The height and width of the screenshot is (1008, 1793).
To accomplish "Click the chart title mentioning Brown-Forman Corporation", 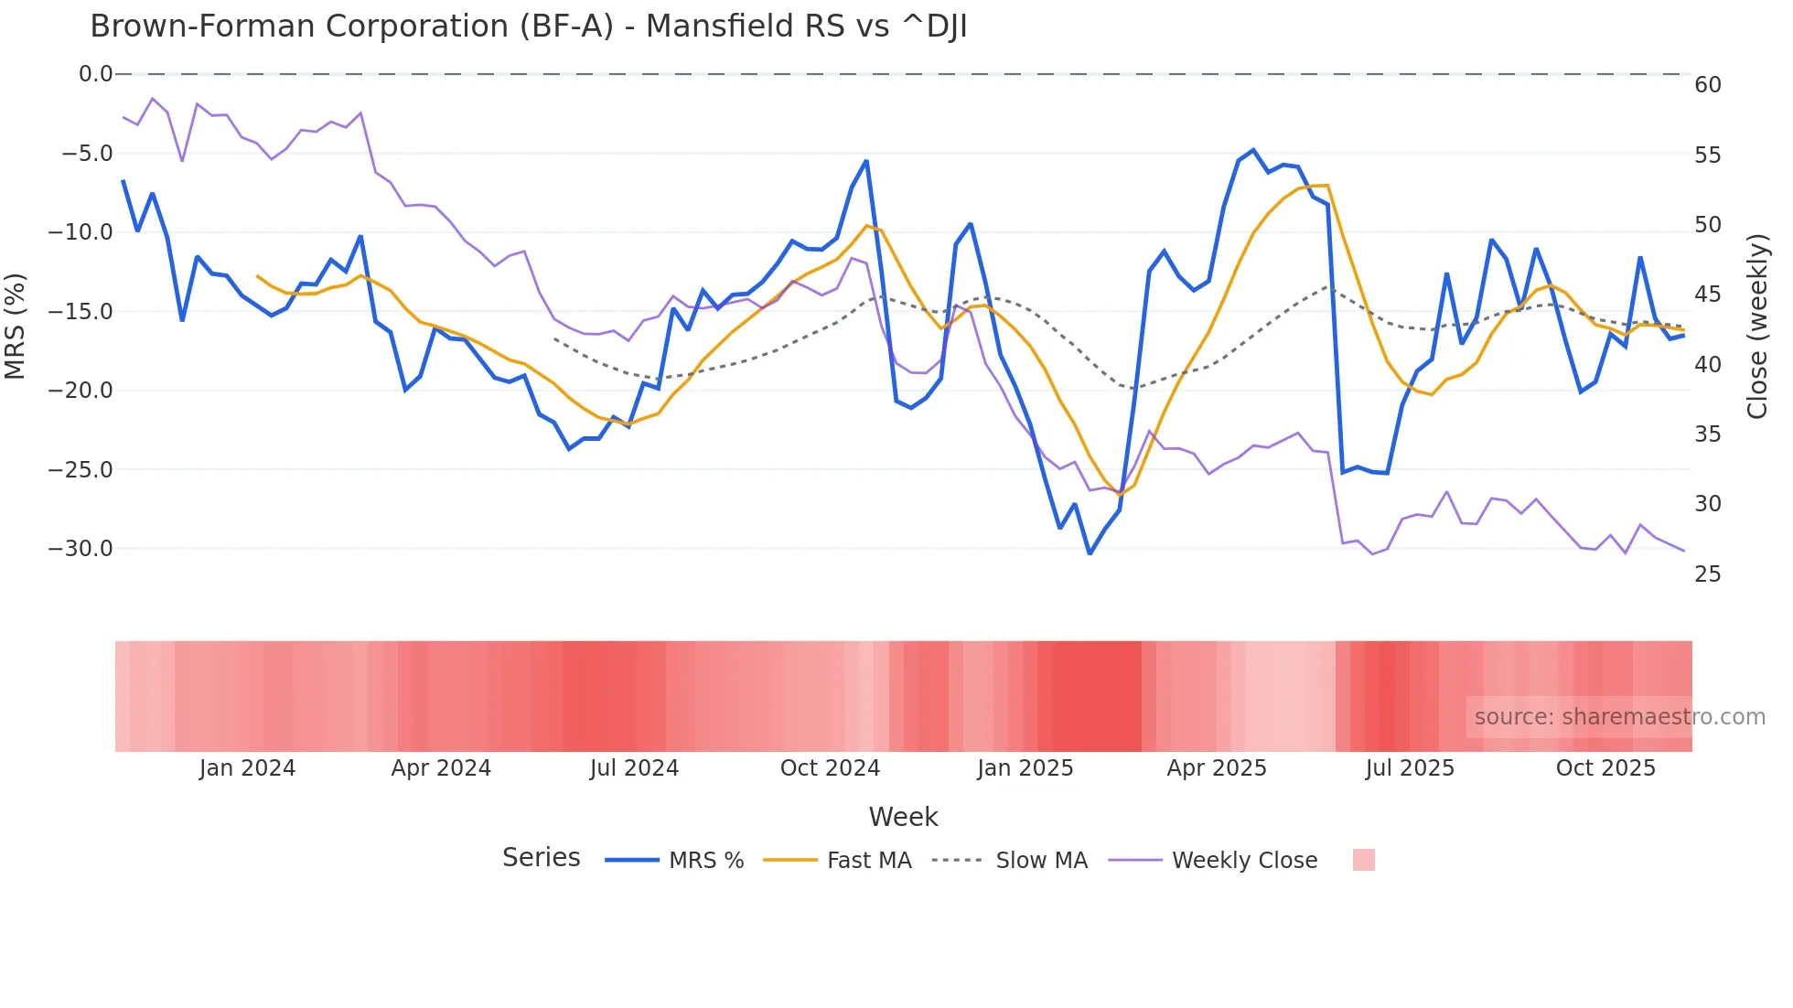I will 528,27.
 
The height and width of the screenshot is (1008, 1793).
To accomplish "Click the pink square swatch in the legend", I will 1363,860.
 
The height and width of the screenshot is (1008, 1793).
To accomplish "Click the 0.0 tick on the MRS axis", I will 95,74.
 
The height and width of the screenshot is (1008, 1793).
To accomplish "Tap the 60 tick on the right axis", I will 1707,85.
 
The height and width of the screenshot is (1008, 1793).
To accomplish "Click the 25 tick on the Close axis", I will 1707,574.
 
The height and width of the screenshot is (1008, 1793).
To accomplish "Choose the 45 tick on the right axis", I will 1707,295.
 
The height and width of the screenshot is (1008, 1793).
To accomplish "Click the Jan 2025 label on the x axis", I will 1025,768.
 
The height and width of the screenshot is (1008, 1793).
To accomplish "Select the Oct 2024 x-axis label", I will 830,768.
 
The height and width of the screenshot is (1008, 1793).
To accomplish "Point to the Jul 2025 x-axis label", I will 1410,768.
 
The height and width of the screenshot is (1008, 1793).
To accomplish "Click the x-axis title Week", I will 903,817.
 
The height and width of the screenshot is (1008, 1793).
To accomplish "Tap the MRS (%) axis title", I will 16,326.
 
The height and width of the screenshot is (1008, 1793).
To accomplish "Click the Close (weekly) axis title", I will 1757,327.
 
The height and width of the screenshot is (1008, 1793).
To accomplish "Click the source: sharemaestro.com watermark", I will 1619,717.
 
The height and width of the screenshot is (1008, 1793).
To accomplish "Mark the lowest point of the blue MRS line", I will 1090,553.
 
